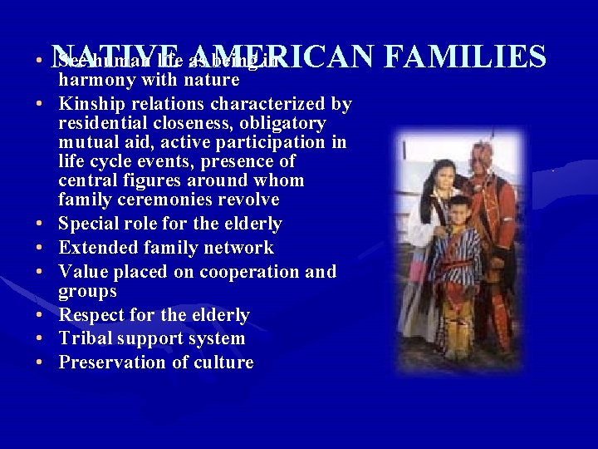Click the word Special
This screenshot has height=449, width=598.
(x=90, y=224)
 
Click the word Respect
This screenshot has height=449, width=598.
(x=92, y=315)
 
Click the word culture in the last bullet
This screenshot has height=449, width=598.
(x=223, y=363)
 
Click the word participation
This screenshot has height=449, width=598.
(x=273, y=142)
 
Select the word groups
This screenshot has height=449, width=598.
(x=87, y=292)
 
